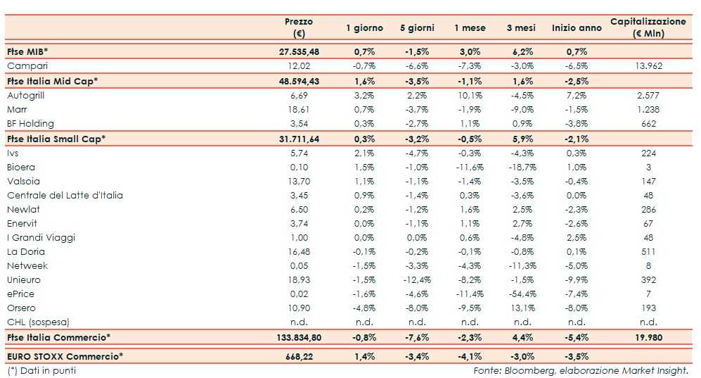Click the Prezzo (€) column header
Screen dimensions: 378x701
(299, 27)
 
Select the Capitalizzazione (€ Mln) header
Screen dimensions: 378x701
(648, 27)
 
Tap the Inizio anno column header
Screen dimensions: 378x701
(577, 28)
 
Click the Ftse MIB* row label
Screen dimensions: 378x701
(27, 52)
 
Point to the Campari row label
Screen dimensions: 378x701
(27, 66)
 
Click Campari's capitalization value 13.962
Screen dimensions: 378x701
(648, 66)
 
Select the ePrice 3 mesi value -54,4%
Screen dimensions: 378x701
(522, 294)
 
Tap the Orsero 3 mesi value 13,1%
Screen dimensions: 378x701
(522, 308)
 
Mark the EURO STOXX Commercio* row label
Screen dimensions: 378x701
(65, 356)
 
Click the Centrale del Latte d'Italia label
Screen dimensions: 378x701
(65, 195)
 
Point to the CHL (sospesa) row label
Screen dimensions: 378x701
(38, 322)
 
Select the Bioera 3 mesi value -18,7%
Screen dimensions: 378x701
(522, 167)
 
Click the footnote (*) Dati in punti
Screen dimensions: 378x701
(41, 370)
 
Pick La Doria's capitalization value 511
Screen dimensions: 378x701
(648, 251)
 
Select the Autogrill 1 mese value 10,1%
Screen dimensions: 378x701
(469, 95)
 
